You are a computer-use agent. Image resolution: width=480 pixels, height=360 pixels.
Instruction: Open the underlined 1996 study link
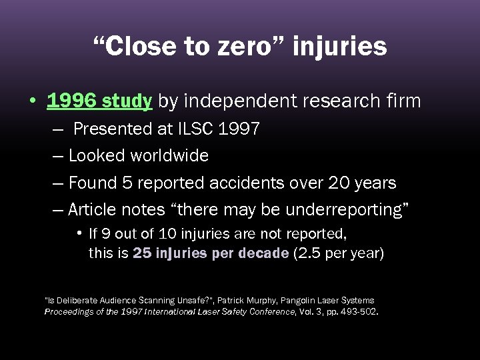click(99, 101)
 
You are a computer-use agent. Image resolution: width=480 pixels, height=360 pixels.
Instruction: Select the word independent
click(232, 101)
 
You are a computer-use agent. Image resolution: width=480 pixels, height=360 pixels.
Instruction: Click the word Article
click(93, 209)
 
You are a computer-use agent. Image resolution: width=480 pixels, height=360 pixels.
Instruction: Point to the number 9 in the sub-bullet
click(102, 235)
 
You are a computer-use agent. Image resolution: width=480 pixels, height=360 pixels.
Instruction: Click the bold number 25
click(141, 254)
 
